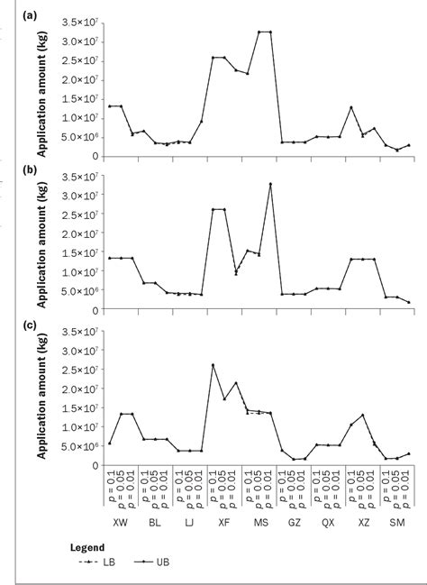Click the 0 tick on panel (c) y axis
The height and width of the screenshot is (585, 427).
[x=94, y=466]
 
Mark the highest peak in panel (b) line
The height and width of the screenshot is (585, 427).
[x=270, y=184]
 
